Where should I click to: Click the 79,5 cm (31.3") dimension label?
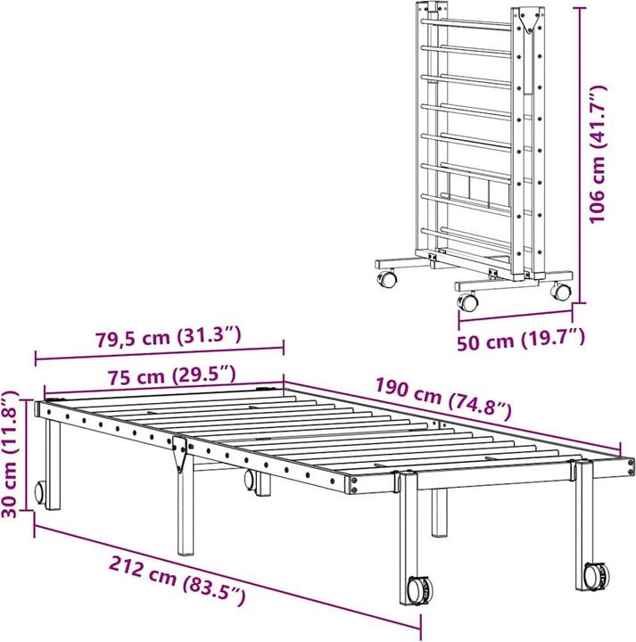pos(168,337)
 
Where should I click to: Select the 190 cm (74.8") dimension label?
pos(442,399)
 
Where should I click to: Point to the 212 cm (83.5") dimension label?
pos(178,579)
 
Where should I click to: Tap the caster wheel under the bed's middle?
pos(251,482)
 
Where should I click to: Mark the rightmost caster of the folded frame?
pos(560,291)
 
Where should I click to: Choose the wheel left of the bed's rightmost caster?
pos(417,589)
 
